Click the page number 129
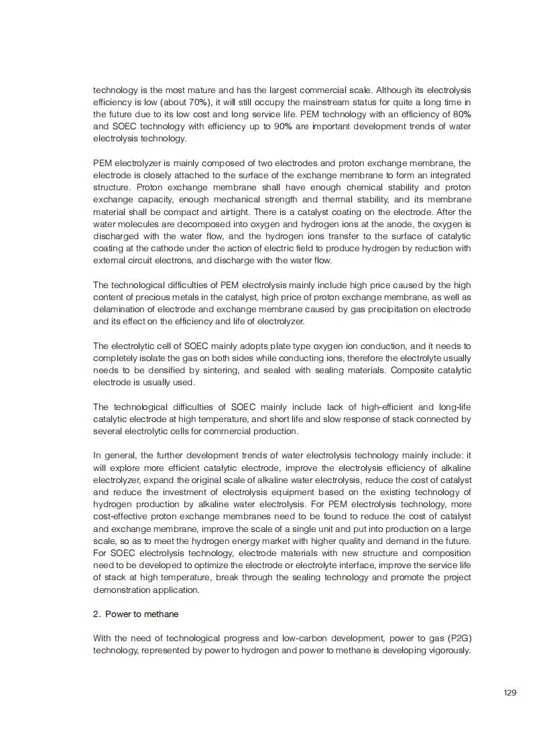click(x=509, y=692)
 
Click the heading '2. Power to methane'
click(x=135, y=614)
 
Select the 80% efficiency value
click(x=461, y=114)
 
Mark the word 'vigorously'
click(x=450, y=650)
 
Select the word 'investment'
click(x=178, y=492)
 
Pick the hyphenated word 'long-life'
click(x=453, y=407)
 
